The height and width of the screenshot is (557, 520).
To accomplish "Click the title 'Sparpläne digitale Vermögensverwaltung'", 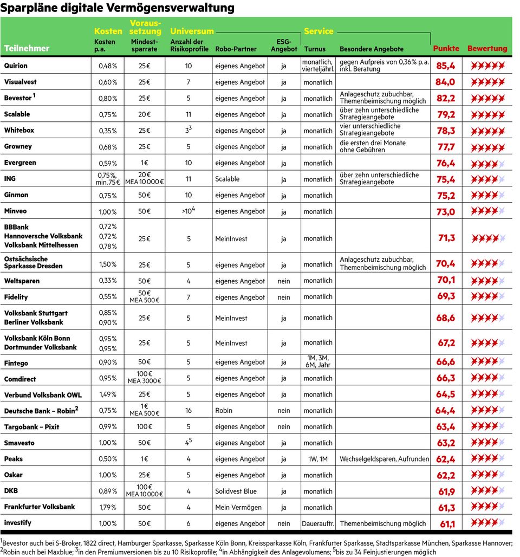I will (x=118, y=8).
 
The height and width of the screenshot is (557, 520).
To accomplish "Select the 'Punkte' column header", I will (x=446, y=48).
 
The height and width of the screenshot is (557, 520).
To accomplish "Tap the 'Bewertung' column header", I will (x=487, y=48).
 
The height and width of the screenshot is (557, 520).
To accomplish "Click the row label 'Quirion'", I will (x=16, y=66).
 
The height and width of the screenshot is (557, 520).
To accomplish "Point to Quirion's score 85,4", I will (x=445, y=66).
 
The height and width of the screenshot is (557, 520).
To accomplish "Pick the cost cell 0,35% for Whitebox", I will (x=107, y=131).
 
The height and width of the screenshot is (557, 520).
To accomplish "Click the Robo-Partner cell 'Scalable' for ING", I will (x=227, y=179).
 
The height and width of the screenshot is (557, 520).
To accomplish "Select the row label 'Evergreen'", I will (x=20, y=163).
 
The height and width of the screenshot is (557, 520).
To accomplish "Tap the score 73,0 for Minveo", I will (x=445, y=212).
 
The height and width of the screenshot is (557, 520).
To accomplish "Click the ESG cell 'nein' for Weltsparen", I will (x=283, y=281).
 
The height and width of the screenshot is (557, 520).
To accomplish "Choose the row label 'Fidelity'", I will (x=16, y=297).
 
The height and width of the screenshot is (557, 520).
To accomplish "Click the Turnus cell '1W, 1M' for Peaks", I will (x=318, y=459).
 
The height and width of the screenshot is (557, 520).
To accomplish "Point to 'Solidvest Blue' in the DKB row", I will (x=236, y=491).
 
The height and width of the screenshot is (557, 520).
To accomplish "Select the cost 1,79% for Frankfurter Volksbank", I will (x=107, y=507).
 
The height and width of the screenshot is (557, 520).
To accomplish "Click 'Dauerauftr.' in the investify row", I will (x=318, y=523).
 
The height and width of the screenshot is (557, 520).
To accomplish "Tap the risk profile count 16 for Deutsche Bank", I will (x=188, y=411).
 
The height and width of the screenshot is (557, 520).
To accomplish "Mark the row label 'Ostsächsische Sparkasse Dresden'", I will (x=33, y=262).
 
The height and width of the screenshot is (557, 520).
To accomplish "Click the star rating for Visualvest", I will (x=487, y=82).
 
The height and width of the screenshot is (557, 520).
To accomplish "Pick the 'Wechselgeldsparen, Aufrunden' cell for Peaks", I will (x=384, y=459).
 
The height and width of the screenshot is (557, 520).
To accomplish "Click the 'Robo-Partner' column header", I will (x=236, y=49).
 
